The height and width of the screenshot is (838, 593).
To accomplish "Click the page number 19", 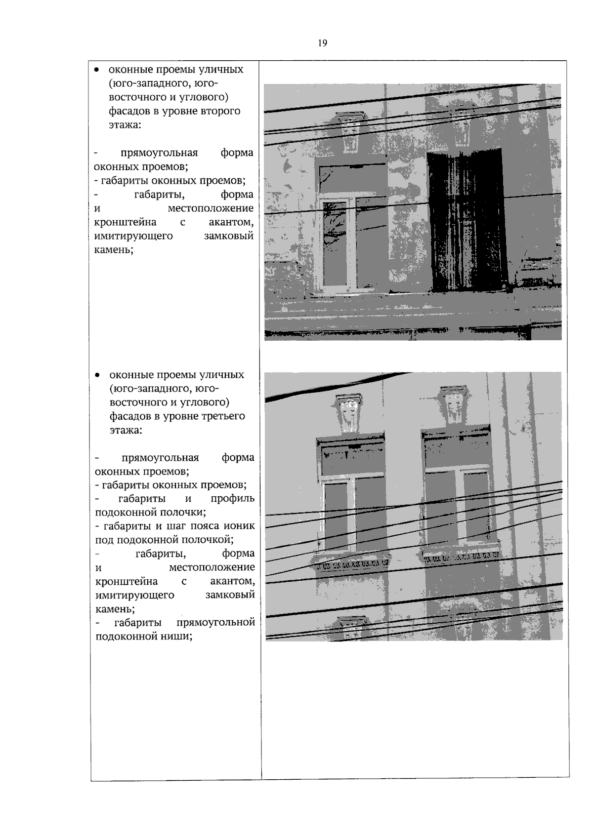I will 322,43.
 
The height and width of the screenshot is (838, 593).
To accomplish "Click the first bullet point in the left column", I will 97,70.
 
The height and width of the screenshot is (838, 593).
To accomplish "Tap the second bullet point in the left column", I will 98,375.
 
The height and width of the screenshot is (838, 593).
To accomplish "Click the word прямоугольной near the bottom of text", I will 215,623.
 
